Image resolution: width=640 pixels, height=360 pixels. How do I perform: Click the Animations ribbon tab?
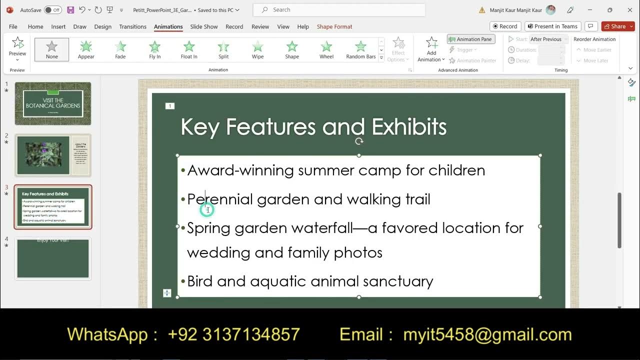(x=168, y=26)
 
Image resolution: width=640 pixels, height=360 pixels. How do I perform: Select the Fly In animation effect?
(x=155, y=49)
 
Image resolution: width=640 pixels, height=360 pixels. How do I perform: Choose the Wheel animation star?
(x=326, y=49)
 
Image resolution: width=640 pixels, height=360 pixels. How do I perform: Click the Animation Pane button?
(x=470, y=39)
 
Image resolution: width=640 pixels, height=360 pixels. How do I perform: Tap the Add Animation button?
(x=431, y=49)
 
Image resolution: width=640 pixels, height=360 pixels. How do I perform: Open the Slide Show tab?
(x=203, y=26)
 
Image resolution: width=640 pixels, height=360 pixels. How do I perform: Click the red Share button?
(x=617, y=26)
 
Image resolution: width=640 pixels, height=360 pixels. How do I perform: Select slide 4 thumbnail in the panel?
(x=53, y=258)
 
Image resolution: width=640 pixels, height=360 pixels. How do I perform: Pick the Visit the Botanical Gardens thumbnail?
(x=53, y=103)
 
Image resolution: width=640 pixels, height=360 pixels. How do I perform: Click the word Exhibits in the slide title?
(x=409, y=127)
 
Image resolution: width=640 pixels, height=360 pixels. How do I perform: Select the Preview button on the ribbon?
(x=17, y=48)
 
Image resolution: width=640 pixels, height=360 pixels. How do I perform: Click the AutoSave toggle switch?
(x=52, y=10)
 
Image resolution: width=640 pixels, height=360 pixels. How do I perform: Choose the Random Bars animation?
(x=360, y=49)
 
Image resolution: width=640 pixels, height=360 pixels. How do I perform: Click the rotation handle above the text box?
(x=359, y=141)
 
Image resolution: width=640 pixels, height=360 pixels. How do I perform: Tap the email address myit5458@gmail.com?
(x=487, y=334)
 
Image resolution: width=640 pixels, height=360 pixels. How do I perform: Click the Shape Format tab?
(x=334, y=26)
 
